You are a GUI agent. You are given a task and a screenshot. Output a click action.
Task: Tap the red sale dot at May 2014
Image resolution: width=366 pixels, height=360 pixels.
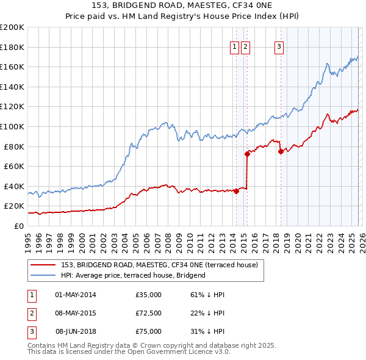(x=236, y=191)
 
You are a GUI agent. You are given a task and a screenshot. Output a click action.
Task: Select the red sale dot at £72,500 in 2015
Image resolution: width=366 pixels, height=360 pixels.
(x=247, y=154)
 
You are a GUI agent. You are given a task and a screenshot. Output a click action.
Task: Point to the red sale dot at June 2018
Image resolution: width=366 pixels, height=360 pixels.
(x=281, y=151)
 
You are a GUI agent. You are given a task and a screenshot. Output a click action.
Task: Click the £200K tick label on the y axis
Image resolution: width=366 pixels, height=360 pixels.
(x=12, y=27)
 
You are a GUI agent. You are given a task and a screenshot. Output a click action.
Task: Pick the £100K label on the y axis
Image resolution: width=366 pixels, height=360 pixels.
(x=12, y=126)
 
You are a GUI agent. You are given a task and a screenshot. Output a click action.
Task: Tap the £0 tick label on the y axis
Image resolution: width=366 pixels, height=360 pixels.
(x=18, y=226)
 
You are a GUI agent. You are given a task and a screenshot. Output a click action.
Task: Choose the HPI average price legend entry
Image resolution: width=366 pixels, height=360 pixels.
(x=133, y=275)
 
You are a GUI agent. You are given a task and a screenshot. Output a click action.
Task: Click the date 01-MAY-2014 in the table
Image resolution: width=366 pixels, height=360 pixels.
(x=76, y=295)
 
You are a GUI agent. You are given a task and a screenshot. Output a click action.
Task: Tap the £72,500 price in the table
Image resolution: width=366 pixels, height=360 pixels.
(x=149, y=313)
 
